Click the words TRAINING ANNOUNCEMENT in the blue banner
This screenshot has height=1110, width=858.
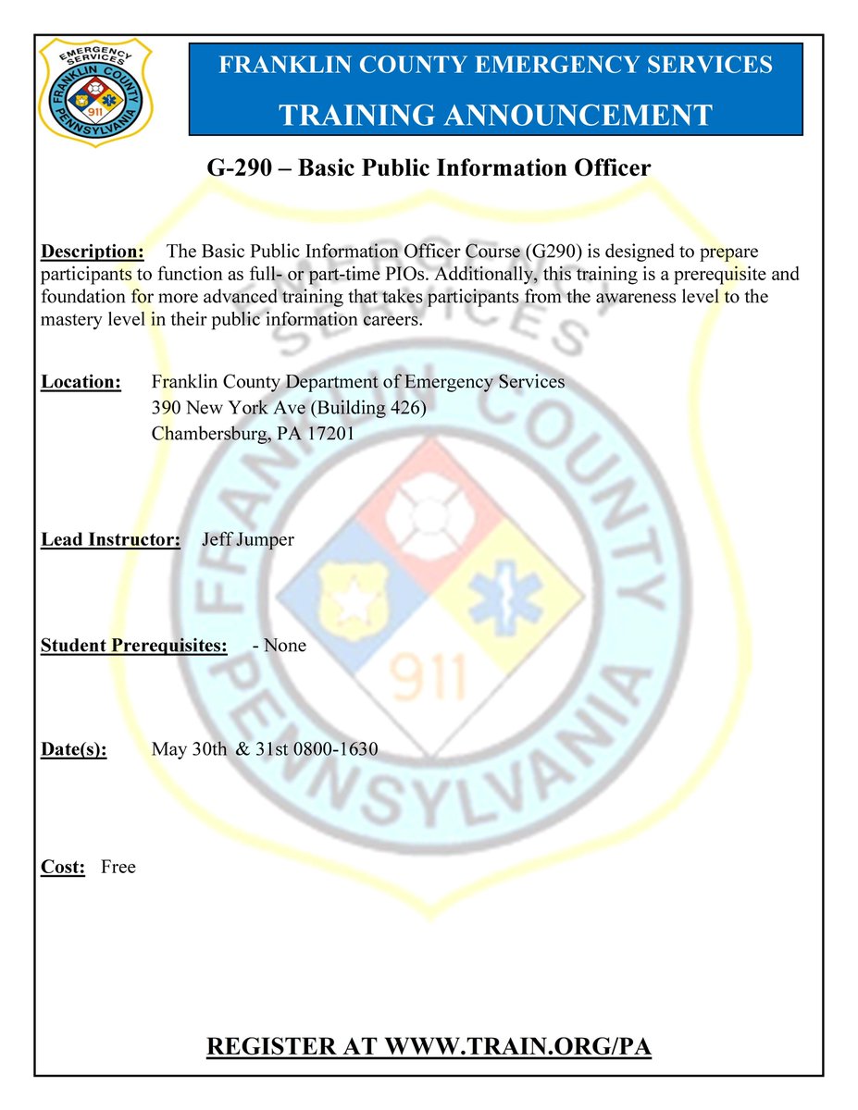click(495, 115)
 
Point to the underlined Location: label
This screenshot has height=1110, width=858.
click(81, 382)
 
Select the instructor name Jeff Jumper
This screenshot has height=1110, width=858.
click(248, 539)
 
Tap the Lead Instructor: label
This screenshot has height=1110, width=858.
click(110, 539)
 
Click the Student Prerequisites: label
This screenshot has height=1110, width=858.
click(133, 645)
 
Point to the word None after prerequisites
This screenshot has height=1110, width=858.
click(284, 645)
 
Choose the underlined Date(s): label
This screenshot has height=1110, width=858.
click(74, 750)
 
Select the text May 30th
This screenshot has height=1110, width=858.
click(189, 750)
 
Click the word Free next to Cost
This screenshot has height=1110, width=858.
click(118, 868)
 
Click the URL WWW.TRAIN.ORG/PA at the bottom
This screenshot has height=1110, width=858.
click(518, 1047)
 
